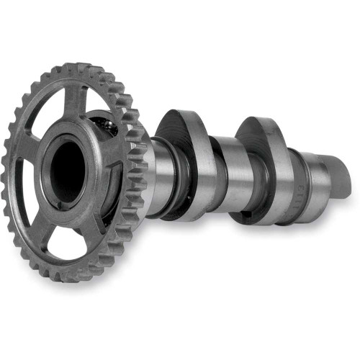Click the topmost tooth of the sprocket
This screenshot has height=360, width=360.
[x=72, y=68]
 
